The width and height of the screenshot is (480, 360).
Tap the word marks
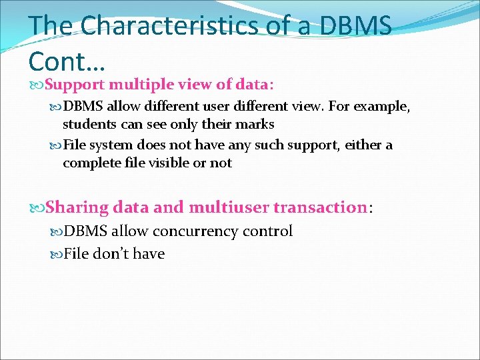pos(257,125)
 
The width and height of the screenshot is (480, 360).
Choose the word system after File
pos(111,145)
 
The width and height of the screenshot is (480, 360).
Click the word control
pos(267,232)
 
